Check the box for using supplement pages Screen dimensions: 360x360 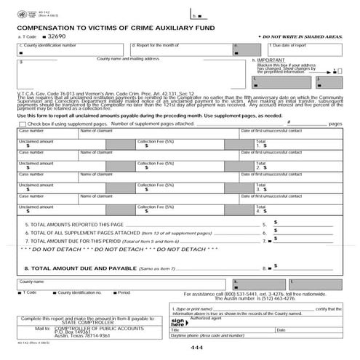pos(21,124)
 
